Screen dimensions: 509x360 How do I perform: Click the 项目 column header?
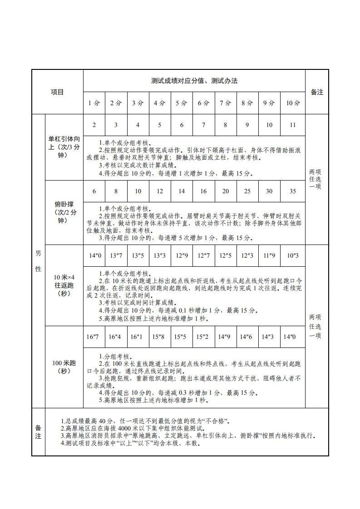pos(57,92)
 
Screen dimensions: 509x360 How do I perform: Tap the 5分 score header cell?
pos(182,103)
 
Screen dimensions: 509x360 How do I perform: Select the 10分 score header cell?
pos(293,103)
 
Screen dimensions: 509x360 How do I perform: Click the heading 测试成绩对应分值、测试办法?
pos(194,81)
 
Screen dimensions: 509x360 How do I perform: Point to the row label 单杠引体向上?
pos(64,147)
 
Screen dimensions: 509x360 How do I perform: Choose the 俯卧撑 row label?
pos(64,213)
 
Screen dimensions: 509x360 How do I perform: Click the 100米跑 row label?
pos(64,367)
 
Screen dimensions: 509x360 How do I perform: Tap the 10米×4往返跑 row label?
pos(64,285)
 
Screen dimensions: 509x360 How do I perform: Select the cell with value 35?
pos(293,191)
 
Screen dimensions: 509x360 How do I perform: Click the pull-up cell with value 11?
pos(293,125)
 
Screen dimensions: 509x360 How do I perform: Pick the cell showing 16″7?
pos(93,337)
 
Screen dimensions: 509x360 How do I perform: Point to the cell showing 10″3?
pos(293,256)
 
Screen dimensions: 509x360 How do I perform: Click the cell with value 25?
pos(247,191)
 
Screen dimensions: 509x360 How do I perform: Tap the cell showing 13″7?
pos(116,256)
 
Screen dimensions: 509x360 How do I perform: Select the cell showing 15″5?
pos(182,337)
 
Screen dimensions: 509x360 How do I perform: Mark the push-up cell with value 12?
pos(160,191)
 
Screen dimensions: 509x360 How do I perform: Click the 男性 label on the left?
pos(38,261)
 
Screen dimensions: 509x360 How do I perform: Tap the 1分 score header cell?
pos(94,103)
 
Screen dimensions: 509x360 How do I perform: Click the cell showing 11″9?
pos(269,256)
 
